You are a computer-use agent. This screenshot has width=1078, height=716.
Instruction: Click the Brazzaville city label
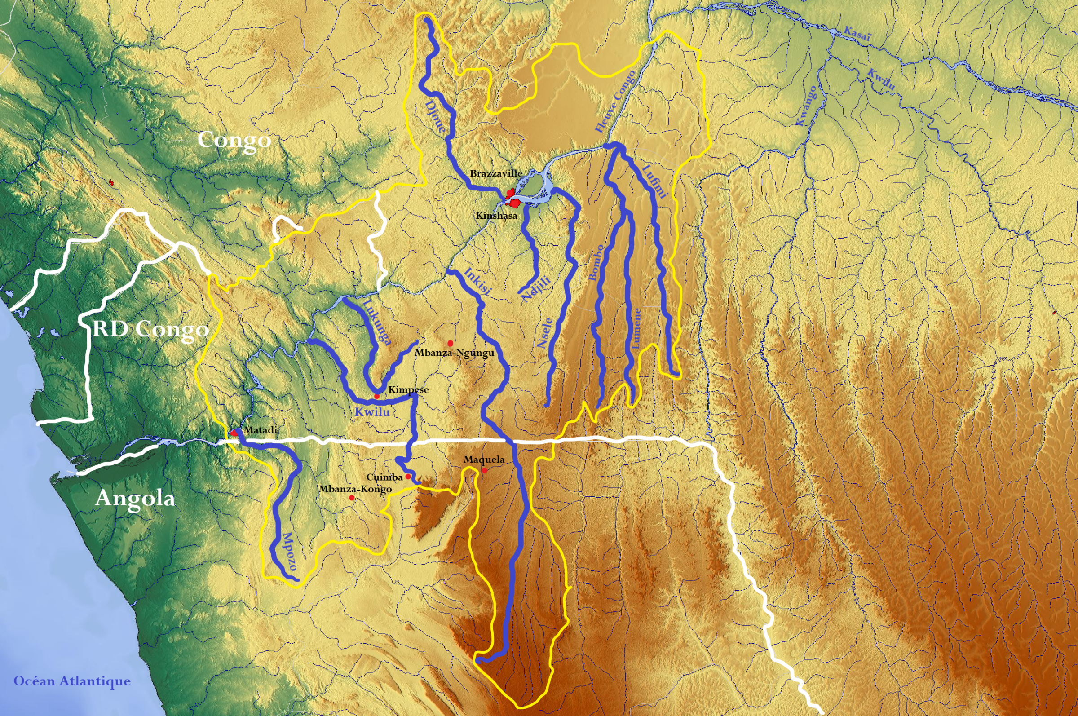(496, 173)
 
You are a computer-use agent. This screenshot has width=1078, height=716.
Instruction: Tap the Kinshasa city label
(496, 216)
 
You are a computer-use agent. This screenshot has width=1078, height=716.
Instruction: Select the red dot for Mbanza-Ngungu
(450, 343)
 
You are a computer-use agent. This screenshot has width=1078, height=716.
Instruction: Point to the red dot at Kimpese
(377, 396)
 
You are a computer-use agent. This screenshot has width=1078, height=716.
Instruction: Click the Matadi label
(260, 430)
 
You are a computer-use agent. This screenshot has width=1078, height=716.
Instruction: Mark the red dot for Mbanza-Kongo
(352, 498)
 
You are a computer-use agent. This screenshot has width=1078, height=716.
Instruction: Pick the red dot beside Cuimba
(408, 477)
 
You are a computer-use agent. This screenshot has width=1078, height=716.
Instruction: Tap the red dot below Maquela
(485, 470)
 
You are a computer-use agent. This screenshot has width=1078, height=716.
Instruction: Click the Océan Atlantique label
(72, 681)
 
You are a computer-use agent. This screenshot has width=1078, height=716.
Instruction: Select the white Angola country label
(135, 498)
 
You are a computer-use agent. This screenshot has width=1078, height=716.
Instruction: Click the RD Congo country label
(150, 329)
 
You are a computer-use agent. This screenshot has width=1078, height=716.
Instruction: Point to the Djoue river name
(435, 117)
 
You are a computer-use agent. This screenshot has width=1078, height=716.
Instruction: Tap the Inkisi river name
(477, 281)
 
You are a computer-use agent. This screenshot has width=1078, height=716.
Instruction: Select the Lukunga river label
(377, 322)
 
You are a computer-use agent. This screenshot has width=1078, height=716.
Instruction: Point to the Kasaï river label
(857, 34)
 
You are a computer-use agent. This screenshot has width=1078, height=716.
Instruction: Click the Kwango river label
(806, 106)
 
